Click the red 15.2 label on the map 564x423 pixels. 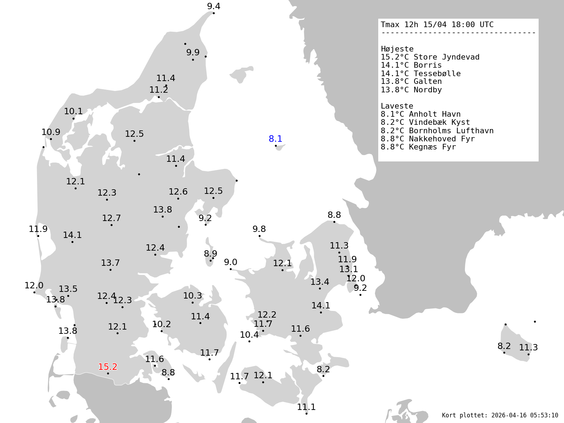pos(108,367)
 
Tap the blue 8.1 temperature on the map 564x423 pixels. pos(275,139)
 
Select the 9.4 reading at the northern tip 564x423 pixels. pos(214,6)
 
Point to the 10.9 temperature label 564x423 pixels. pos(51,132)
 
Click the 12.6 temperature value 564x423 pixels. pos(178,192)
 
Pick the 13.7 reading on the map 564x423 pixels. pos(110,263)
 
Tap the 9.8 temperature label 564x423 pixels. pos(259,229)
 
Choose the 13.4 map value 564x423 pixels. pos(320,282)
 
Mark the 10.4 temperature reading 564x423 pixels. pos(249,335)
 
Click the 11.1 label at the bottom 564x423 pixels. pos(306,407)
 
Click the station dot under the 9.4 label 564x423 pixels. pos(214,13)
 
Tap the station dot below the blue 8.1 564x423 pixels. pos(276,146)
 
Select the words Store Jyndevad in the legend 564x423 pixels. pos(446,57)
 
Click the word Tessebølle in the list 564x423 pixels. pos(437,74)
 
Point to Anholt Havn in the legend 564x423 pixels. pos(435,114)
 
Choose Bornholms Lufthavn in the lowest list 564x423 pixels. pos(451,131)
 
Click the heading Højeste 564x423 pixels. pos(397,49)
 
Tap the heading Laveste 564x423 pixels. pos(397,106)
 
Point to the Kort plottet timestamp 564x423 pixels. pos(500,415)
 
